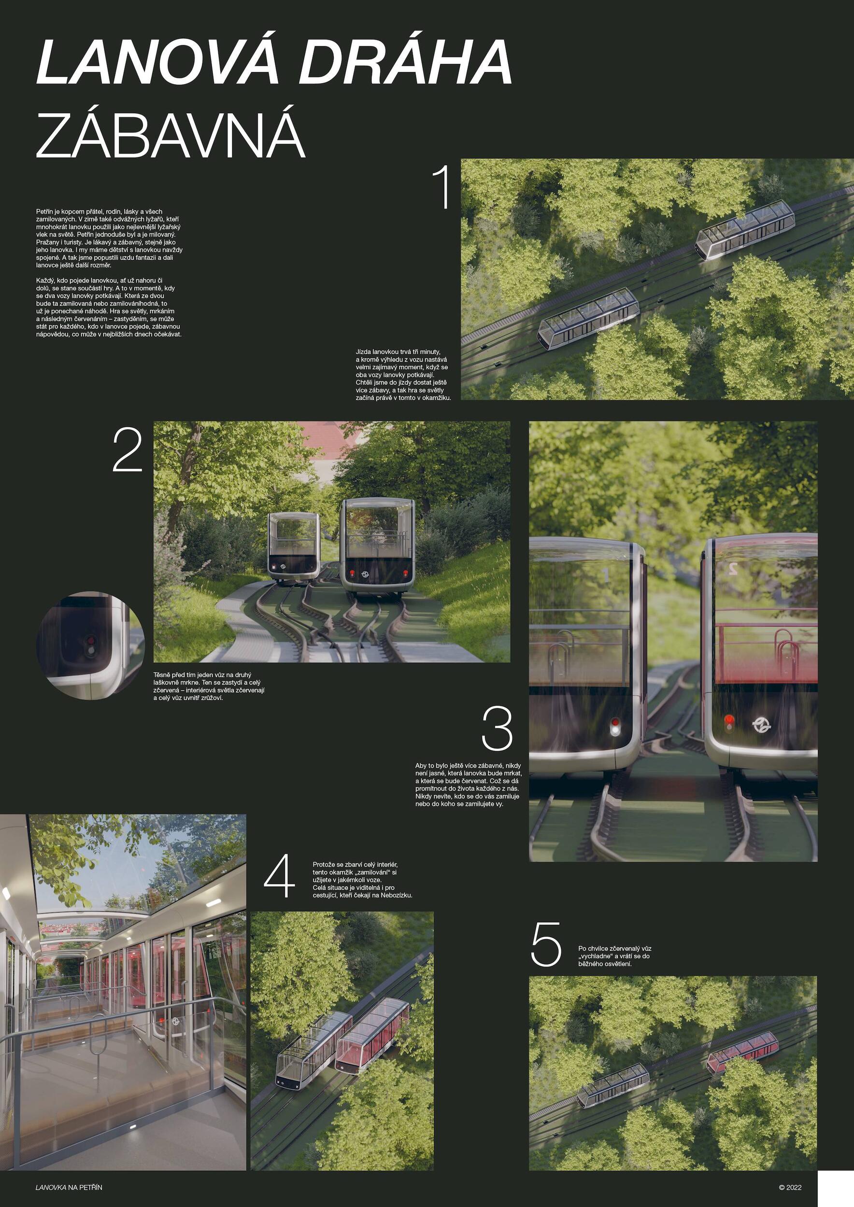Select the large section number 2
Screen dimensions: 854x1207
pyautogui.click(x=128, y=450)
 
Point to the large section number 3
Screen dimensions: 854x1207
pyautogui.click(x=498, y=729)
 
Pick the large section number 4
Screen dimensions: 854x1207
pyautogui.click(x=279, y=876)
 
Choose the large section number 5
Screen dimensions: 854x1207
pyautogui.click(x=546, y=944)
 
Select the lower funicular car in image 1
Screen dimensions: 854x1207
pyautogui.click(x=588, y=319)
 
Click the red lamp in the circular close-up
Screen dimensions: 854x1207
pyautogui.click(x=90, y=641)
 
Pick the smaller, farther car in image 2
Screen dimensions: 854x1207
pyautogui.click(x=293, y=547)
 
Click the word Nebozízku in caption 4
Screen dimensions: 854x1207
pyautogui.click(x=397, y=895)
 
